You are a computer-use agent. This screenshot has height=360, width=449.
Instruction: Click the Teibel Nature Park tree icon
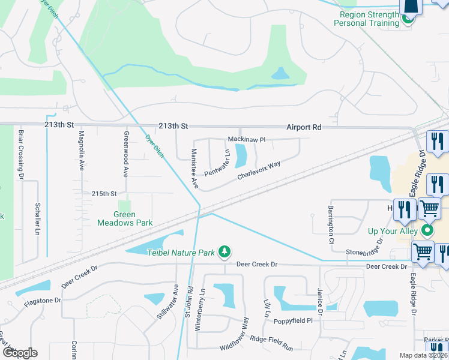click(224, 252)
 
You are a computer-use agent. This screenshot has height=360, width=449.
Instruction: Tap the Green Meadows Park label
click(125, 218)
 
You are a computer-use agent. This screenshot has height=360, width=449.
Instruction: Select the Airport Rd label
click(304, 127)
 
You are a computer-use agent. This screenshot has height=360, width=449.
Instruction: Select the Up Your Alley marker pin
click(427, 230)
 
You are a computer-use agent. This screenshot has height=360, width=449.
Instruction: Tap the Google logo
click(19, 352)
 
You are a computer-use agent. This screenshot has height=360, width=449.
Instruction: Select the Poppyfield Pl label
click(293, 321)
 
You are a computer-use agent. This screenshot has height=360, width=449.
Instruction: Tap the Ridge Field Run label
click(271, 344)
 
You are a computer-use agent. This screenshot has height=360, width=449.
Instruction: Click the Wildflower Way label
click(234, 338)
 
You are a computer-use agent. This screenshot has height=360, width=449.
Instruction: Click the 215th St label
click(103, 194)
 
